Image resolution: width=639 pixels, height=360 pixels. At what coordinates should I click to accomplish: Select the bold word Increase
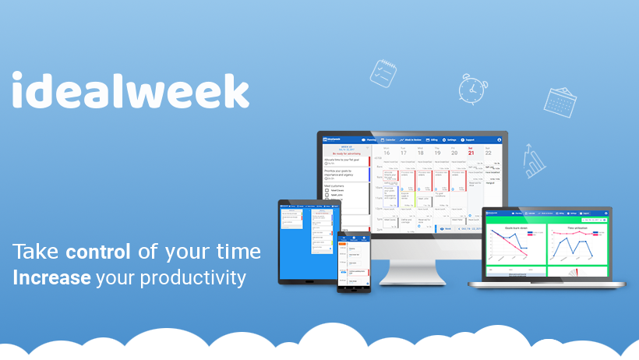point(51,277)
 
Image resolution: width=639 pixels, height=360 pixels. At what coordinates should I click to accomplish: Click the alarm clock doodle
point(472,88)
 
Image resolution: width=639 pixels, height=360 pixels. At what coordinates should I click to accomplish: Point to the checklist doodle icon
point(383,72)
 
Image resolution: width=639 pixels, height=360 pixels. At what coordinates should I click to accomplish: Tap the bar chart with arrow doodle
point(535,161)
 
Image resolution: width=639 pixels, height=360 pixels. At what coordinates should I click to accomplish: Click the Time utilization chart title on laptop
point(578,228)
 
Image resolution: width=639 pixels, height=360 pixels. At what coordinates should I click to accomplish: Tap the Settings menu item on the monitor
point(450,140)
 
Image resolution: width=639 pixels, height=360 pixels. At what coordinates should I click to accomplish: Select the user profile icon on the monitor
point(499,140)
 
